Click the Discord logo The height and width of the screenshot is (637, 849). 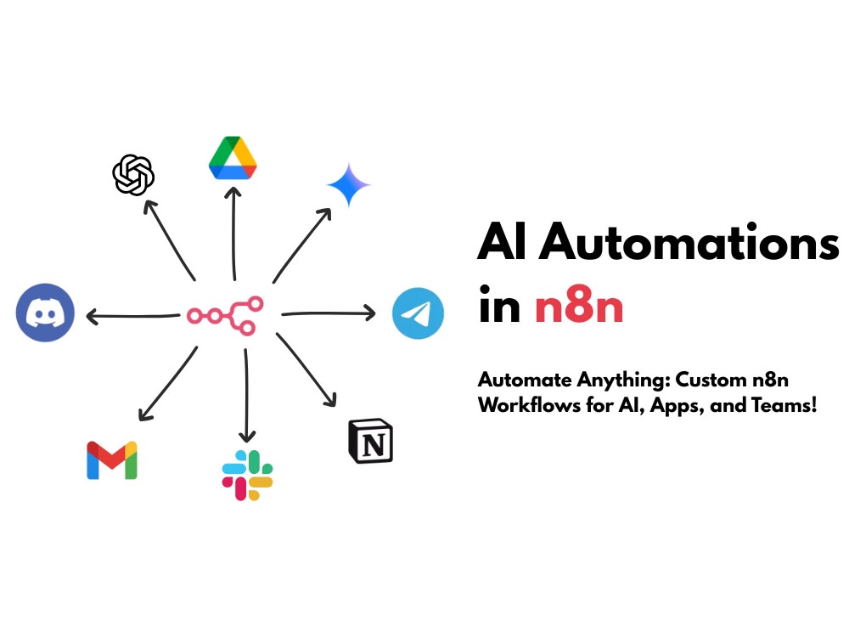point(45,313)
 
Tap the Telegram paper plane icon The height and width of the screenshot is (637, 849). point(418,313)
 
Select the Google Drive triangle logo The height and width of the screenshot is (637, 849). point(233,158)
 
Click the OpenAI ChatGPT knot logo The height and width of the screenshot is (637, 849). point(133,175)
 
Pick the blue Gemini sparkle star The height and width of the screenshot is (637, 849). point(349,184)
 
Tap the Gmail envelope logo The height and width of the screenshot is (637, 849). point(112,460)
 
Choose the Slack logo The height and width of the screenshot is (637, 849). point(247,475)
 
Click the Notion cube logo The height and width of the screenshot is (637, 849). point(370,441)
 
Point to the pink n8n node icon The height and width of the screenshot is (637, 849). point(226,315)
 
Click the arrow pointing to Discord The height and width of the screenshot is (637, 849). point(133,316)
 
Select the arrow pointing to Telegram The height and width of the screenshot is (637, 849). point(329,313)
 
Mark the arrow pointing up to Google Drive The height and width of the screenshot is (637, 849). point(233,234)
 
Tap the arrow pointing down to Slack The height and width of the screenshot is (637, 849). point(246,396)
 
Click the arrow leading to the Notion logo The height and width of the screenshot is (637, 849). point(306,369)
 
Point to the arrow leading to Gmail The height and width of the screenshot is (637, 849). point(168,384)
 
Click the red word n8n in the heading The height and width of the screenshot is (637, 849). point(579,307)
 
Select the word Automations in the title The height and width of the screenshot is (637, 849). point(689,243)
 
